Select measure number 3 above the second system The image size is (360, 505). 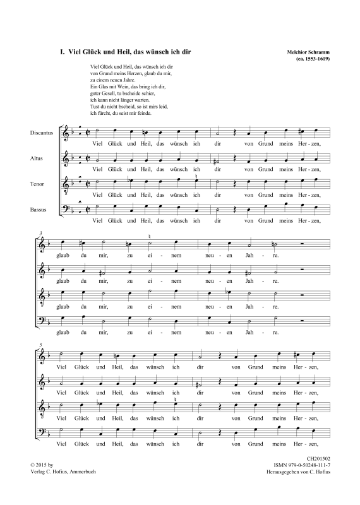pos(41,233)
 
